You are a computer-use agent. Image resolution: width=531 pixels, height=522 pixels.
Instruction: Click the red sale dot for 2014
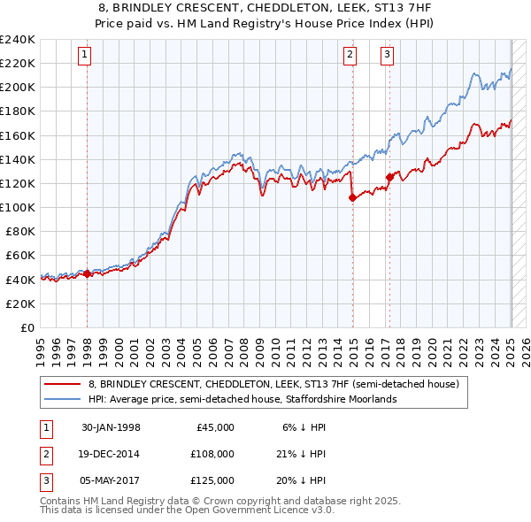[x=352, y=198]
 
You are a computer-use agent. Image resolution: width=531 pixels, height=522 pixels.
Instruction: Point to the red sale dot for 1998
[x=87, y=274]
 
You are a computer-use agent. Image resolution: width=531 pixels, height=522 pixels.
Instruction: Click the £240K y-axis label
[x=17, y=40]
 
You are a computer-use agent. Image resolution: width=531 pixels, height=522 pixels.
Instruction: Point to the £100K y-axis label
[x=17, y=207]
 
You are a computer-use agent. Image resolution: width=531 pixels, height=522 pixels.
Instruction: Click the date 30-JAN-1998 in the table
[x=111, y=427]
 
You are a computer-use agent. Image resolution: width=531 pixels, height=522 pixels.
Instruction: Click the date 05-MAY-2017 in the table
[x=111, y=480]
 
